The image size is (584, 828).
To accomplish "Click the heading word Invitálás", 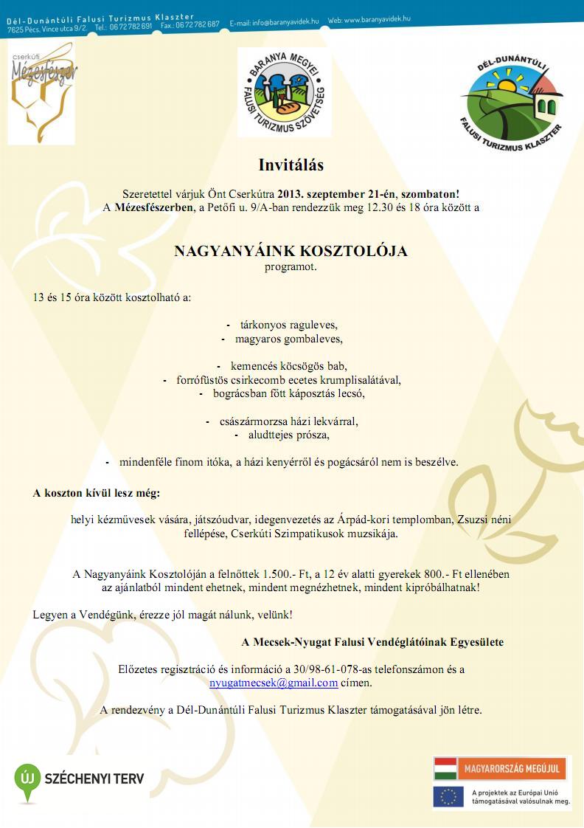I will pyautogui.click(x=291, y=165).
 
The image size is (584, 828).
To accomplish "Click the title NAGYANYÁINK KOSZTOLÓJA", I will pyautogui.click(x=291, y=251).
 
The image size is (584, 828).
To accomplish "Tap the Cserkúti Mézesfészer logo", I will pyautogui.click(x=42, y=93).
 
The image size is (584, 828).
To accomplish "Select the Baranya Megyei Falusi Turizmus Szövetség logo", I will pyautogui.click(x=284, y=92).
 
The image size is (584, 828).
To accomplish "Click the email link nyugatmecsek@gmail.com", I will pyautogui.click(x=274, y=683).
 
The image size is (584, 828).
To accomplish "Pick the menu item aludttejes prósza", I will pyautogui.click(x=288, y=435).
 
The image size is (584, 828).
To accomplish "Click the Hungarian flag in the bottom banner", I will pyautogui.click(x=445, y=768).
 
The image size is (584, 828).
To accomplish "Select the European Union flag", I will pyautogui.click(x=448, y=796).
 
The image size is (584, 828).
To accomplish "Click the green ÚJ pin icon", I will pyautogui.click(x=27, y=780).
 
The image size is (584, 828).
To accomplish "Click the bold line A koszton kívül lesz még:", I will pyautogui.click(x=96, y=492).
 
